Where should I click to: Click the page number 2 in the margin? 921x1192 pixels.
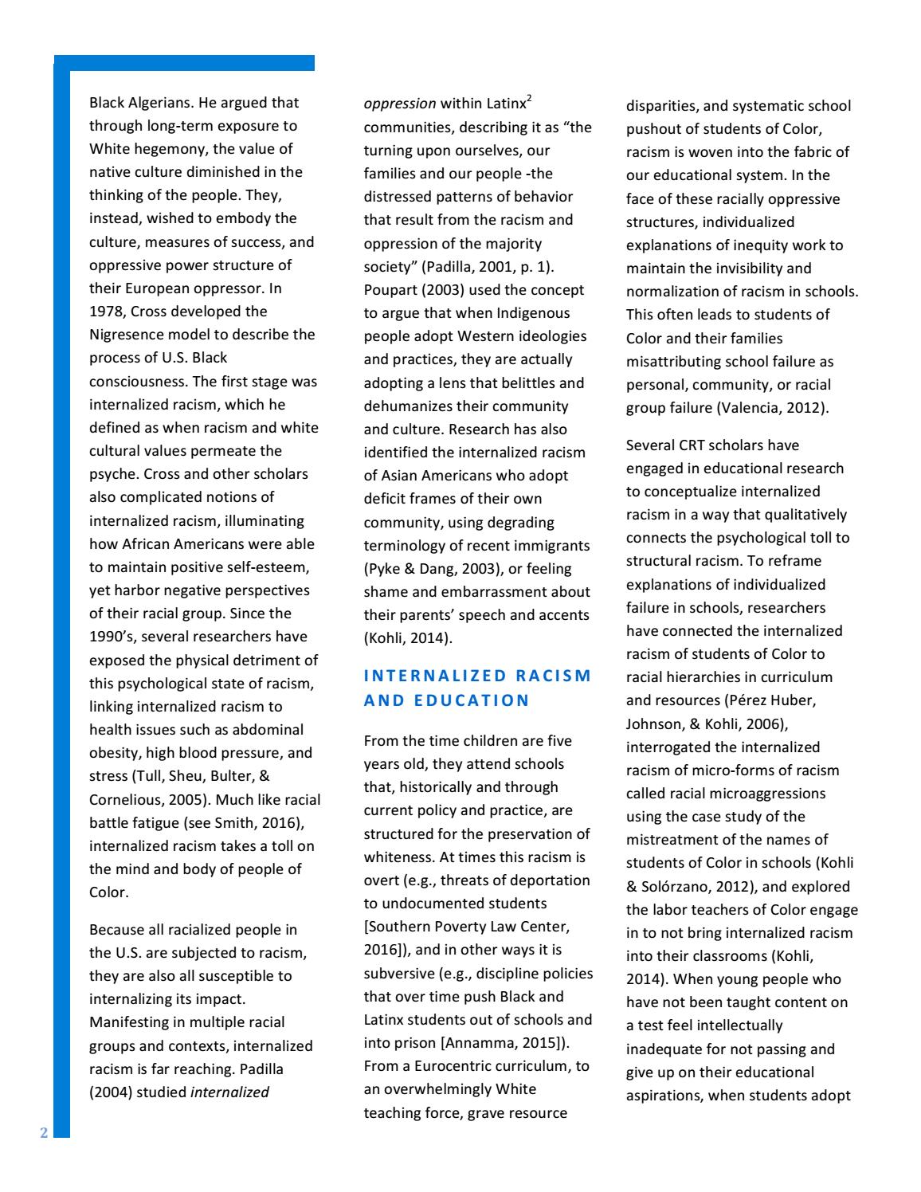45,1133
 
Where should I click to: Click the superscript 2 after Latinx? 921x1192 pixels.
530,99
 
